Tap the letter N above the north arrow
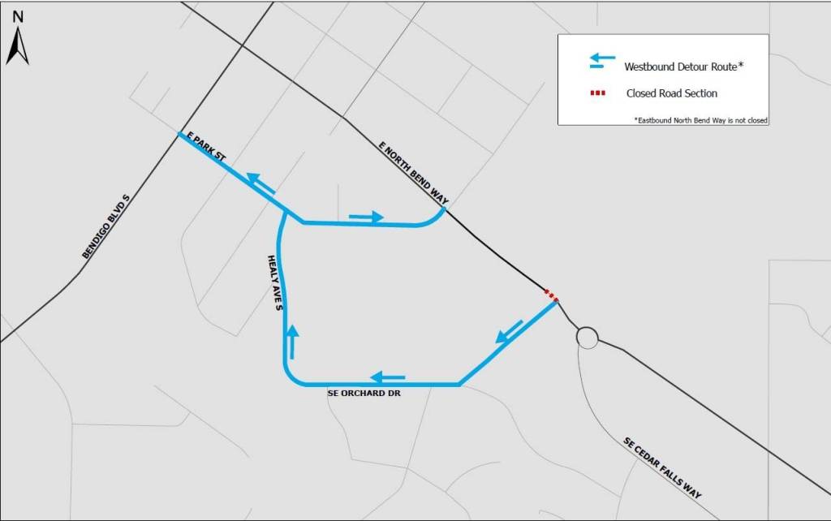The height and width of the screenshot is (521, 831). click(x=18, y=16)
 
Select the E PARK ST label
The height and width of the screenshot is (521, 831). click(x=205, y=146)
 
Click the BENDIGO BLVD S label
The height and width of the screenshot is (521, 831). click(x=106, y=226)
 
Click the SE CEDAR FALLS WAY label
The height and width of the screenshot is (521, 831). click(x=662, y=468)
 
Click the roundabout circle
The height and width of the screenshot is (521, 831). click(x=587, y=337)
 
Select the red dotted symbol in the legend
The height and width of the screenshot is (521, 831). click(x=598, y=93)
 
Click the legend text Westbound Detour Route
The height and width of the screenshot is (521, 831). click(x=684, y=67)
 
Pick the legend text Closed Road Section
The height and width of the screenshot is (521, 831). click(x=671, y=93)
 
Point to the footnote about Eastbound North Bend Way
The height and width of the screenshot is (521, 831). click(x=700, y=120)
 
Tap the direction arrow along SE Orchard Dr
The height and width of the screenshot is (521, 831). click(x=388, y=377)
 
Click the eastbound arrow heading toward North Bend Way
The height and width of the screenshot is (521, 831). click(x=366, y=217)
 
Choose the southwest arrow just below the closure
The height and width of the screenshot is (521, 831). click(x=509, y=329)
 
